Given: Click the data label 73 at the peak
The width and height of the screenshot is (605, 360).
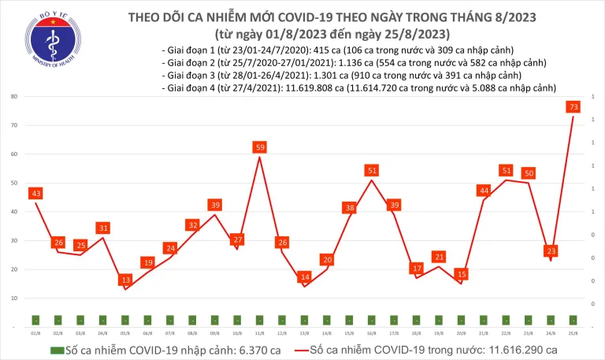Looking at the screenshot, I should pos(574,106).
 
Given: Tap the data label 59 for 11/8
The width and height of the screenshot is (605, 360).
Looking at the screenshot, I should pos(259,147).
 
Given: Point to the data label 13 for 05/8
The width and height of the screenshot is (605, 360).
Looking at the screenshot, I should pos(125,280).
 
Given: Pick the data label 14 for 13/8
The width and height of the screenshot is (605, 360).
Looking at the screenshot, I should pos(305,277).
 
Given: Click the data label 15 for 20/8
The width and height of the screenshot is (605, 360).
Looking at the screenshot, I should pos(462,274).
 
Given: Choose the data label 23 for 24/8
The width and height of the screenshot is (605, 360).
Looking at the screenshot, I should pos(551,251).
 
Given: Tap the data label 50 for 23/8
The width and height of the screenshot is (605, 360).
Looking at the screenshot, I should pos(529,173).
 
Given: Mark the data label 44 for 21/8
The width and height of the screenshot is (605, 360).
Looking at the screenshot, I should pos(484,191).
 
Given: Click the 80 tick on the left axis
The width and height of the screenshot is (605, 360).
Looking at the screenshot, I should pos(15,96).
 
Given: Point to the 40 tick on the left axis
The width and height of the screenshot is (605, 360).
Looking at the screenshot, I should pos(15,212).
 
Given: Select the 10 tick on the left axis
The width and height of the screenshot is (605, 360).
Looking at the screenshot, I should pos(15,299).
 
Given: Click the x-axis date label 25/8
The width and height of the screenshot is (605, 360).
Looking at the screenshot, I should pos(574,333).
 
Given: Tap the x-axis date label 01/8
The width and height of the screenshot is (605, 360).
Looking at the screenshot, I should pos(35,333).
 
